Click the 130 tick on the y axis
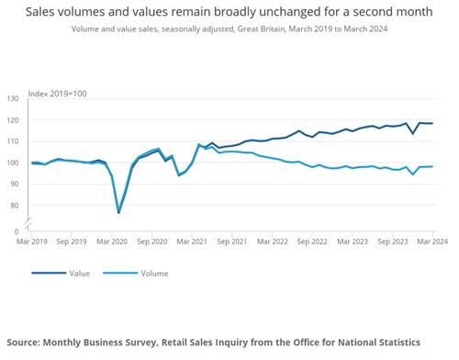[13, 98]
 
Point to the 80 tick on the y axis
[14, 206]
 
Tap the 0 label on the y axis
[17, 231]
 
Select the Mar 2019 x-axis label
[32, 242]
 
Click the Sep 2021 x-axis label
[232, 242]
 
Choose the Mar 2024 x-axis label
[432, 242]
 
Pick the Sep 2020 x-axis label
[152, 242]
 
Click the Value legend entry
[61, 274]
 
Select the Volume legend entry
[136, 274]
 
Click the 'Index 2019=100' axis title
[57, 94]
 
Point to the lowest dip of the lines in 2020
[118, 212]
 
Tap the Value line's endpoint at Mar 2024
[432, 123]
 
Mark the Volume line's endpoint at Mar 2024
[432, 166]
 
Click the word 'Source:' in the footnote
[23, 343]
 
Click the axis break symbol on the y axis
[28, 224]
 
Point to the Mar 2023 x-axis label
[353, 242]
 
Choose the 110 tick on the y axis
[13, 141]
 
